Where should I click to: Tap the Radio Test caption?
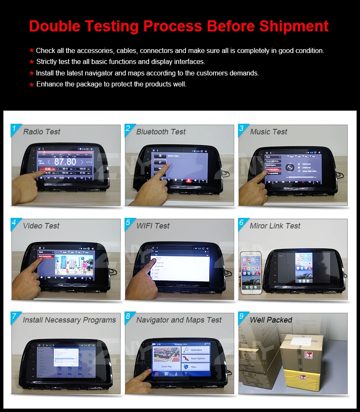(x=42, y=132)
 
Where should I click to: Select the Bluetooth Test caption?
(x=161, y=132)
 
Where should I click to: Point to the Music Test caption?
(x=269, y=132)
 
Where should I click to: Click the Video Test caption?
(x=41, y=226)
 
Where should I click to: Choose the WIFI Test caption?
(x=152, y=226)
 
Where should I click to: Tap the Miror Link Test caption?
(x=275, y=226)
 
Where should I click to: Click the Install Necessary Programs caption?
(x=69, y=320)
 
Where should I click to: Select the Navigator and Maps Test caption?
(x=179, y=320)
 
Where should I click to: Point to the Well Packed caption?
(x=271, y=320)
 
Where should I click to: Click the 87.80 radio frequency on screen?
(x=65, y=162)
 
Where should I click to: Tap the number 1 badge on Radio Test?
(x=14, y=128)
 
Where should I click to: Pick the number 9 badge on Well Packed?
(x=241, y=317)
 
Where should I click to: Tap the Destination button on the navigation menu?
(x=196, y=350)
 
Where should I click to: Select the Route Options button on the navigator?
(x=196, y=359)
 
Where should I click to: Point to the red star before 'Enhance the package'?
(x=31, y=85)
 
